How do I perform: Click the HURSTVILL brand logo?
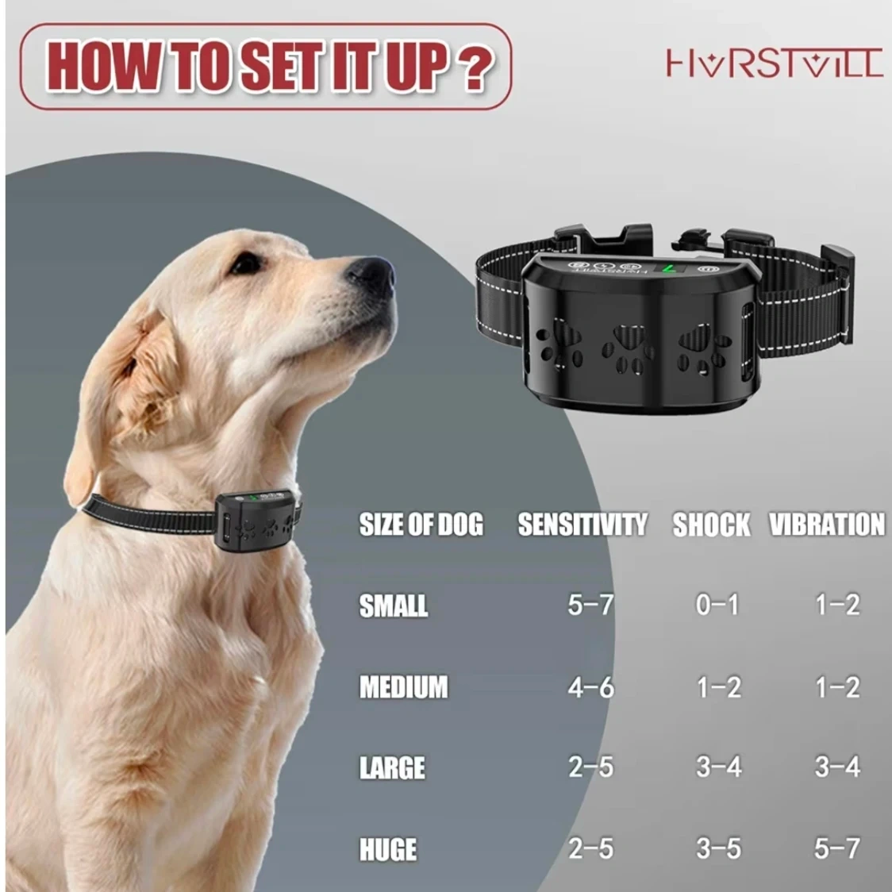[775, 63]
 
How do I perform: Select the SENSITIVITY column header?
[582, 524]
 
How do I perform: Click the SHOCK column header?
[711, 524]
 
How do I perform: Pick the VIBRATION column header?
[827, 524]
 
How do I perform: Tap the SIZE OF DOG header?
[421, 524]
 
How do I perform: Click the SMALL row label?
[393, 606]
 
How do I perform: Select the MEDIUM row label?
[403, 686]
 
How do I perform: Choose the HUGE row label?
[388, 849]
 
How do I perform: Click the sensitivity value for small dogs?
[590, 604]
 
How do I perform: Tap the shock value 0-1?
[717, 604]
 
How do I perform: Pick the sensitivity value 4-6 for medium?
[590, 686]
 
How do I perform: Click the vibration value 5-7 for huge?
[836, 848]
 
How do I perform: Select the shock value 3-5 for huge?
[718, 848]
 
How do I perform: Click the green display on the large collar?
[670, 268]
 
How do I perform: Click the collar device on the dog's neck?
[257, 520]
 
